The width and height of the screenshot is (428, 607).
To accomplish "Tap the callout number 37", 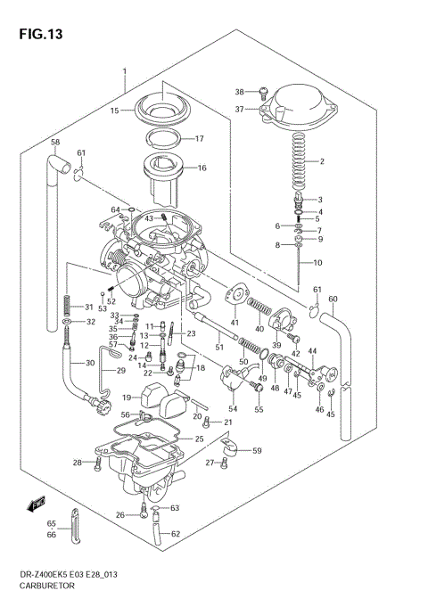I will [239, 110].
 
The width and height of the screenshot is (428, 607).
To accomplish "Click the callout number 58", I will [54, 143].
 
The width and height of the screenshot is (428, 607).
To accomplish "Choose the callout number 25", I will [200, 439].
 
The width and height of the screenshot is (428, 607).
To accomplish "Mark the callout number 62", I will [175, 534].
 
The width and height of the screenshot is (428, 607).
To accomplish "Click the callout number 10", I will [317, 263].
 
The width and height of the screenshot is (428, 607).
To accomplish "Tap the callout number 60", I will [333, 299].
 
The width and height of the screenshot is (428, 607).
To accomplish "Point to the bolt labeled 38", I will [263, 91].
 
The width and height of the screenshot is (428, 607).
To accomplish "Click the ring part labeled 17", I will [164, 137].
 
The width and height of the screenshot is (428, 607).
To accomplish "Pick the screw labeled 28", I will [97, 463].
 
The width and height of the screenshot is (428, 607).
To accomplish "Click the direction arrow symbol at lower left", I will [37, 504].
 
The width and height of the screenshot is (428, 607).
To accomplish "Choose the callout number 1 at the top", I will [126, 71].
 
